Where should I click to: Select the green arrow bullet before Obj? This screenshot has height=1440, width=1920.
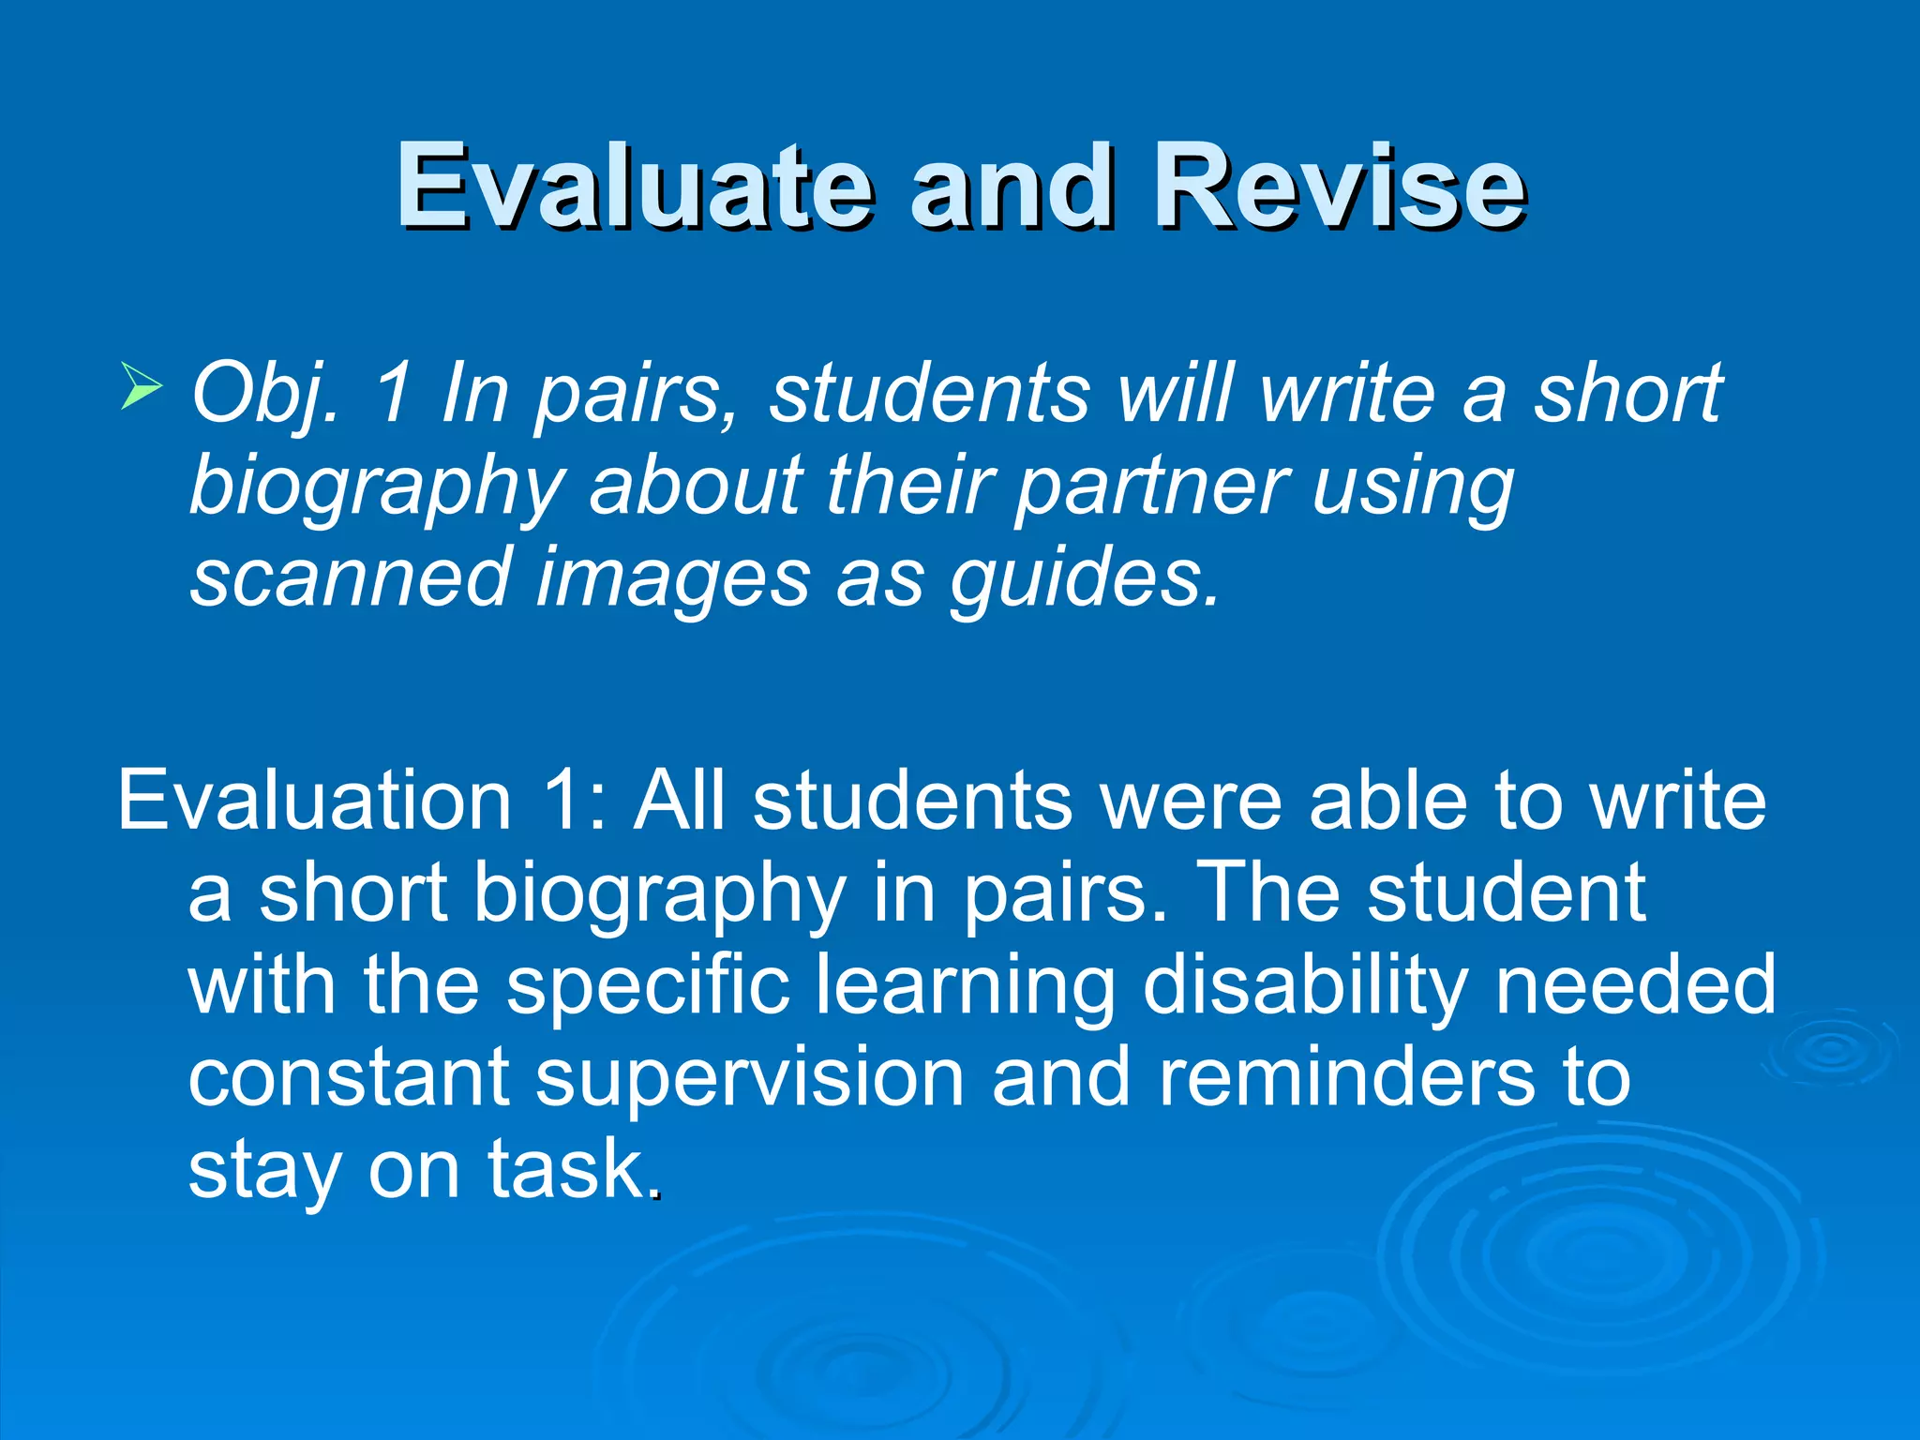(142, 387)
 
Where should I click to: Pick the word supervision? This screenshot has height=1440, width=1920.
(750, 1078)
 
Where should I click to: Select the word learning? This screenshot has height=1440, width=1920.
(966, 986)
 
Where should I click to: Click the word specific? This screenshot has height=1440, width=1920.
(649, 986)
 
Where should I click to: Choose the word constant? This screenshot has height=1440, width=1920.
(349, 1078)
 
